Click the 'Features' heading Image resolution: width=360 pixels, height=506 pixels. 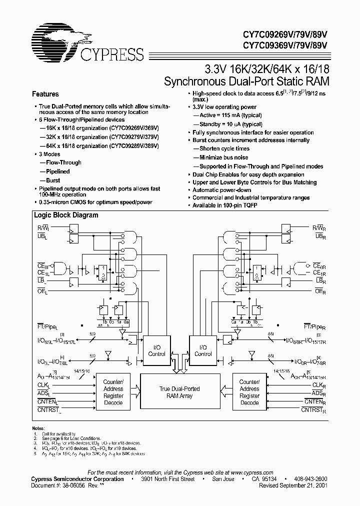point(45,94)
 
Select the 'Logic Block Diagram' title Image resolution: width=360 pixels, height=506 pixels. point(65,215)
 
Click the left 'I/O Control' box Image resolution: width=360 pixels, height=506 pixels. point(157,350)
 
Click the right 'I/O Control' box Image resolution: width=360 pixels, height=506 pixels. point(202,350)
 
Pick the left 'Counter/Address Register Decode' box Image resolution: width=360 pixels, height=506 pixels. point(113,392)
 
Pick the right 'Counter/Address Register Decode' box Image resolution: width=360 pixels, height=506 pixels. point(249,392)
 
